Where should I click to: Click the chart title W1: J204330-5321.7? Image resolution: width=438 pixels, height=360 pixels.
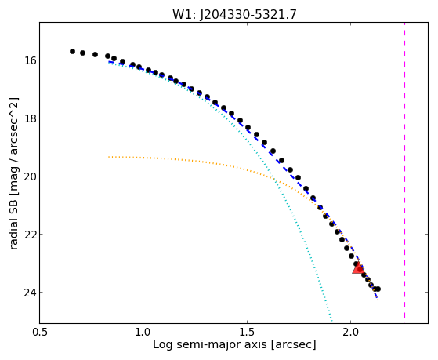[x=234, y=14]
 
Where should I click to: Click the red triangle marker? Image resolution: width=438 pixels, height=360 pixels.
[x=358, y=268]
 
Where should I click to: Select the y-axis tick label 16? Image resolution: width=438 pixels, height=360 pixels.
[x=29, y=60]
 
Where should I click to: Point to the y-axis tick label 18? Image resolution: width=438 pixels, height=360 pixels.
[x=29, y=118]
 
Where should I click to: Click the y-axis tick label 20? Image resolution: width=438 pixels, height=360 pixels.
[x=29, y=176]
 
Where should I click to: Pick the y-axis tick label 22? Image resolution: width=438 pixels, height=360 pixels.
[x=29, y=234]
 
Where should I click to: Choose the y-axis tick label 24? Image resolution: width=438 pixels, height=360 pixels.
[x=29, y=292]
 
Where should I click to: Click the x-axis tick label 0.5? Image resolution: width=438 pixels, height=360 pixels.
[x=39, y=332]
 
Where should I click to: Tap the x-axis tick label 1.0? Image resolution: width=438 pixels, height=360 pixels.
[x=143, y=332]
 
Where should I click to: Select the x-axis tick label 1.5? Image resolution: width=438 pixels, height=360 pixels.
[x=247, y=332]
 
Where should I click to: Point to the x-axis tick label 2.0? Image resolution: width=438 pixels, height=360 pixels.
[x=351, y=332]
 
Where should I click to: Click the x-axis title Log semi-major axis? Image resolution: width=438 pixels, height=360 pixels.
[x=210, y=345]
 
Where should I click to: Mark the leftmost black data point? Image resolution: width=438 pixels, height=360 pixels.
[x=72, y=51]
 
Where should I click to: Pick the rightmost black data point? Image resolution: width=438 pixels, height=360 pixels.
[x=378, y=289]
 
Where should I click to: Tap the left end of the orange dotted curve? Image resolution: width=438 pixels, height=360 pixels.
[x=109, y=157]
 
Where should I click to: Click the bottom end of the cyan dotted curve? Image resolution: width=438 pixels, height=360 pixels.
[x=331, y=321]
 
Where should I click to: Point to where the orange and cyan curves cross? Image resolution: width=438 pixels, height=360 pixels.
[x=275, y=180]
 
